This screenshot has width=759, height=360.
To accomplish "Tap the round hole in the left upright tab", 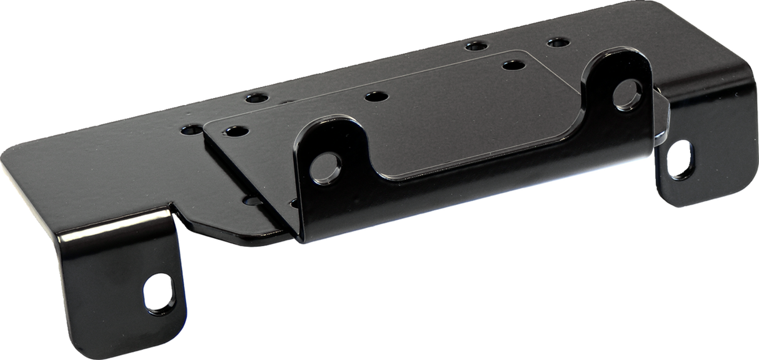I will (327, 164).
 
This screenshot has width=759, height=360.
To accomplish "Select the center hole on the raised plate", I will (374, 97).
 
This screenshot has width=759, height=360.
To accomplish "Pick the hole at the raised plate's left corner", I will (234, 132).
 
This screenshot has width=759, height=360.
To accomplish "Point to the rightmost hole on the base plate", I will (556, 43).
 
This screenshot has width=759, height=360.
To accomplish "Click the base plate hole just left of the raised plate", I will (188, 131).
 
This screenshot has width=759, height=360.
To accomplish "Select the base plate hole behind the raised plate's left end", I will (254, 98).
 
